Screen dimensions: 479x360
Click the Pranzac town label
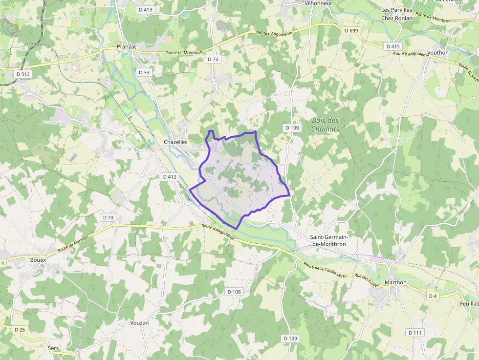(127, 46)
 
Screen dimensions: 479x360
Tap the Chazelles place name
(175, 142)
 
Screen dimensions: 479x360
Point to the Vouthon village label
(437, 52)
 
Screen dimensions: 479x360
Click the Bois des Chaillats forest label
(325, 125)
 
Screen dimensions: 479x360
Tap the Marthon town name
(395, 282)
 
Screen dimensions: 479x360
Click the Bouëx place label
(38, 260)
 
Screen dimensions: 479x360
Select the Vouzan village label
(139, 323)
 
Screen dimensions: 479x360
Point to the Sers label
(53, 348)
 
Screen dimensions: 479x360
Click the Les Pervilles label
(396, 10)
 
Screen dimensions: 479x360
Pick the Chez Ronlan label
(396, 18)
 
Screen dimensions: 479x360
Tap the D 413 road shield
(145, 9)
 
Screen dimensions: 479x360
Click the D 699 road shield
(351, 30)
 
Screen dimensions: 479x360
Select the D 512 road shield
(23, 74)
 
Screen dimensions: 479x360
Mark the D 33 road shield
(144, 72)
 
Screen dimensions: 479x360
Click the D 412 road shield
(170, 176)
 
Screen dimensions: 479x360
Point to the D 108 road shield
(234, 292)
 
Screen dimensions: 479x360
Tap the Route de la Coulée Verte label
(325, 270)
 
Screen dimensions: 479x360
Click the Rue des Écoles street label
(367, 280)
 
